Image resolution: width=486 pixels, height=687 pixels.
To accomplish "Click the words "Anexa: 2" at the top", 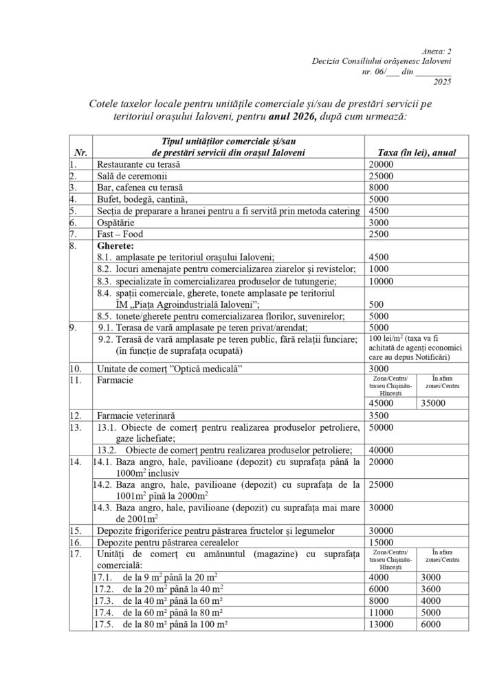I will [435, 51].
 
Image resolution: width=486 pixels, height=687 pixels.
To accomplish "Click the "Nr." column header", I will [78, 153].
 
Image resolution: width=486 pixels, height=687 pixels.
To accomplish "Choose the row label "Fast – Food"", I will [118, 234].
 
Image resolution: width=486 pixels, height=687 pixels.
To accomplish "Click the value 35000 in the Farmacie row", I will [432, 403].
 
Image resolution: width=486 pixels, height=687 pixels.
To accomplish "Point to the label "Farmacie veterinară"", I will [137, 416].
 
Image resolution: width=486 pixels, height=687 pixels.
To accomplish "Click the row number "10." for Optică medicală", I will [75, 369].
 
